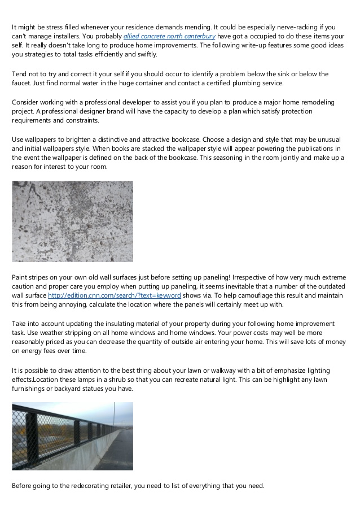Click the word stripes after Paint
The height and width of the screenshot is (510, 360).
click(x=42, y=277)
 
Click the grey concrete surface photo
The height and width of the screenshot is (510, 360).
click(x=72, y=221)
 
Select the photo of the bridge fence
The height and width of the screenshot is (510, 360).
click(x=72, y=436)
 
